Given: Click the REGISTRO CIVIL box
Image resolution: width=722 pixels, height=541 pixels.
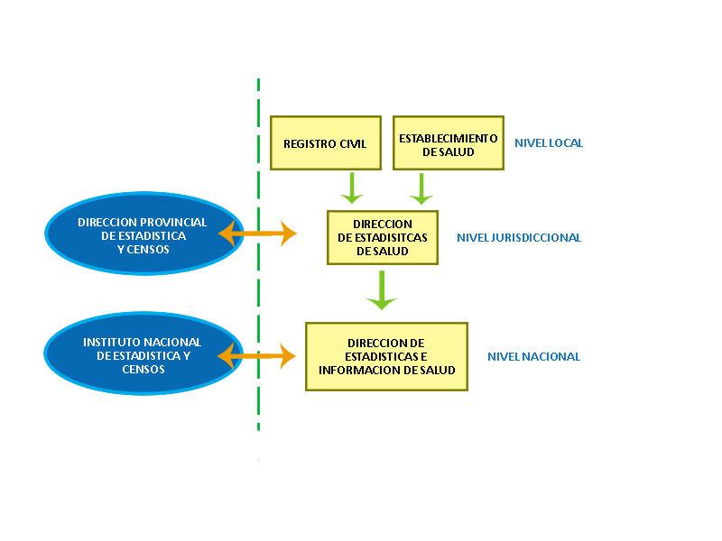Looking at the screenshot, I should [x=325, y=142].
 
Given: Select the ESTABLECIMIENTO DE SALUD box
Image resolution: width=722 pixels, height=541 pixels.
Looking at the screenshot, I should [x=448, y=142].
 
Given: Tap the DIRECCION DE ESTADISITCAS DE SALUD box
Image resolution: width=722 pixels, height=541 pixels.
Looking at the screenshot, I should [x=383, y=237].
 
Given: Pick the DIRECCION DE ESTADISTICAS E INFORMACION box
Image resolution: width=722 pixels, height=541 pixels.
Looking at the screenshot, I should [x=386, y=356].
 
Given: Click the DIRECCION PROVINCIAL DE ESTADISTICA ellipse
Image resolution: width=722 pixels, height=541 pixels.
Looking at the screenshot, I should [x=143, y=234].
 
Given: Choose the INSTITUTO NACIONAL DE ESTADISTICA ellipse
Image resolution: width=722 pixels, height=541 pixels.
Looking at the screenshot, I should [x=143, y=355].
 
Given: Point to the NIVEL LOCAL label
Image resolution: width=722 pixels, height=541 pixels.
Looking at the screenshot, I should [x=549, y=142].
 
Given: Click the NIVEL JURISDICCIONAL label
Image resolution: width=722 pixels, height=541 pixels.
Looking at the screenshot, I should [x=519, y=238].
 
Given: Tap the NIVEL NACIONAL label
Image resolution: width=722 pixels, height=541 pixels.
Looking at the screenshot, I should [x=533, y=356].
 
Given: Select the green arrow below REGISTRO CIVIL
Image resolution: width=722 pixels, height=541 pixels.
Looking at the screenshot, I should [x=351, y=188].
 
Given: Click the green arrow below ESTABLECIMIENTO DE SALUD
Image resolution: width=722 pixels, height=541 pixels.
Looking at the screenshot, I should [x=421, y=188].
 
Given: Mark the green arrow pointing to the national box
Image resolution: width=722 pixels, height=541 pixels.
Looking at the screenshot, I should [x=382, y=290].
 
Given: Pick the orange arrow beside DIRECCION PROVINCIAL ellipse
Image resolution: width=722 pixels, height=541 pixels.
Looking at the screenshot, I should [x=258, y=234].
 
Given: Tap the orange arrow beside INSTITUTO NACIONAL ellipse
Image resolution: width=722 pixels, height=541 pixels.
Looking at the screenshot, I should [x=257, y=356].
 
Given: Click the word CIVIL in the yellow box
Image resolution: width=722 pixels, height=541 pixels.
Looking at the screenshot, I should [x=351, y=143].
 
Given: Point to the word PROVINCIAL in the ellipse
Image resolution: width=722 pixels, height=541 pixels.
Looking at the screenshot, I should [x=175, y=223].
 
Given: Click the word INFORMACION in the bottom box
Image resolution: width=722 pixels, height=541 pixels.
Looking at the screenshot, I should [x=359, y=370].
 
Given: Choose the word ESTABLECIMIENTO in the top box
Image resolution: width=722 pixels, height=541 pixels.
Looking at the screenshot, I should [x=448, y=138].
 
